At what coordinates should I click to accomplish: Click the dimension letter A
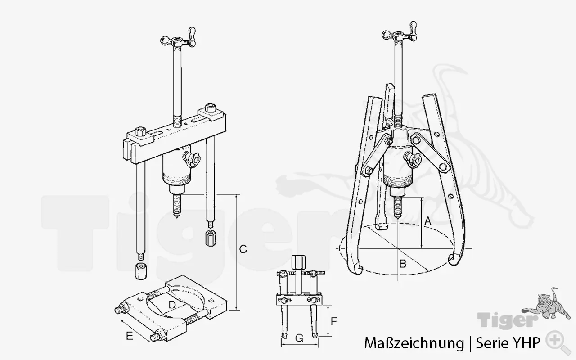428,221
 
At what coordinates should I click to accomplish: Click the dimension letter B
403,264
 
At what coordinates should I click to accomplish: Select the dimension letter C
243,249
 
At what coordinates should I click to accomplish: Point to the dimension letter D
172,305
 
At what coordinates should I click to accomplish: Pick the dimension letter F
334,322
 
